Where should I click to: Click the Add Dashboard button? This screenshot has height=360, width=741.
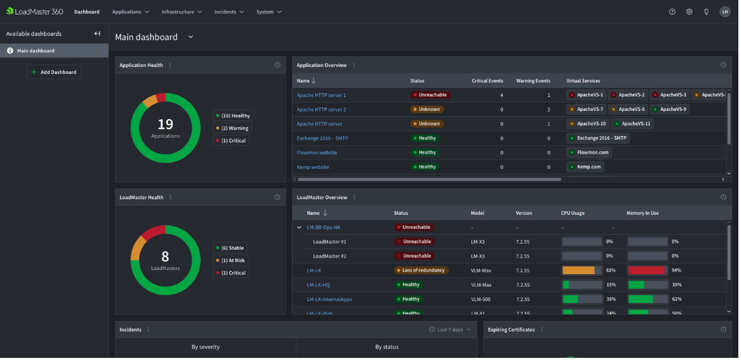[54, 72]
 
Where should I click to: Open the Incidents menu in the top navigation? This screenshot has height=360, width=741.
[229, 12]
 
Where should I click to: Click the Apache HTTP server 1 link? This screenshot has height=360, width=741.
[321, 95]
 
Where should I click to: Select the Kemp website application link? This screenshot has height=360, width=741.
[313, 167]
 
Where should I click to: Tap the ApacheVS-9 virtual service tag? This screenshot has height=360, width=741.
[669, 109]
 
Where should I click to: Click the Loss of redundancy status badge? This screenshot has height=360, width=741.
[421, 271]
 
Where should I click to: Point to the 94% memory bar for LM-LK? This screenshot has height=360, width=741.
[648, 271]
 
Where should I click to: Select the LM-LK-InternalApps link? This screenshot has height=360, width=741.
[329, 299]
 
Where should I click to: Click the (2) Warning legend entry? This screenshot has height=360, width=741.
[231, 129]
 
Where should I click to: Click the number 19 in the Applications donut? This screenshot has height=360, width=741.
[165, 124]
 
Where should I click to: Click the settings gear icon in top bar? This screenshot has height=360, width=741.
[689, 12]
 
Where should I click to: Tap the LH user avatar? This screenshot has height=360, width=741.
[724, 12]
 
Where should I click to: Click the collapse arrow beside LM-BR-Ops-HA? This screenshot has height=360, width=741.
[299, 228]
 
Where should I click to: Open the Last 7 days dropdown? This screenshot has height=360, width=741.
[450, 330]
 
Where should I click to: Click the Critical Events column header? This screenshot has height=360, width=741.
[487, 81]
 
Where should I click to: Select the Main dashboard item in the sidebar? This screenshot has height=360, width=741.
[35, 51]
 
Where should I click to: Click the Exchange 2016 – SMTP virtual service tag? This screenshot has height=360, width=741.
[598, 138]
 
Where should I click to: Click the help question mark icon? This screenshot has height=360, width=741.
[672, 12]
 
